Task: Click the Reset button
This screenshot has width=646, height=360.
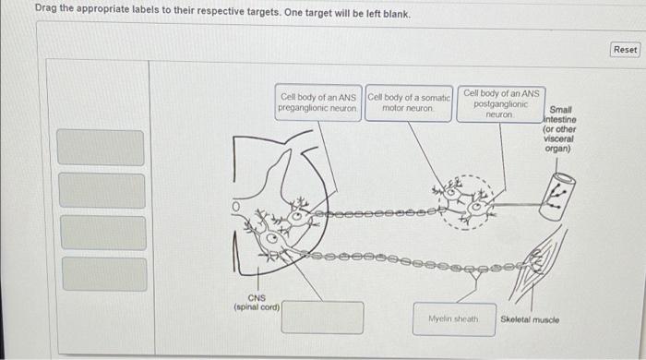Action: [625, 50]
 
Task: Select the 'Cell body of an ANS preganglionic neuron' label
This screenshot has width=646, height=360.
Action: [318, 102]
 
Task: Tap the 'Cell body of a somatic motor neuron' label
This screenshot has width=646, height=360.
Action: [409, 103]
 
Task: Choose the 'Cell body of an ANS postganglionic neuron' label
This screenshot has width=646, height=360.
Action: [501, 103]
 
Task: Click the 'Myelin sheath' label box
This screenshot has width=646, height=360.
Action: [454, 319]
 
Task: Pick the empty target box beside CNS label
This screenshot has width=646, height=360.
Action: [322, 318]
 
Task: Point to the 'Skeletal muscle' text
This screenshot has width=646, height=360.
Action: [530, 319]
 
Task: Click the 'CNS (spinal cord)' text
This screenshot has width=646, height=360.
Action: [257, 303]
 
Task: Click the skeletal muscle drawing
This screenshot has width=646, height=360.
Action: [535, 264]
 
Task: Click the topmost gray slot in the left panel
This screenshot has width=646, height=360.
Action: [101, 148]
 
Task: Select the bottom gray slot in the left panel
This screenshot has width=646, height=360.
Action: [104, 274]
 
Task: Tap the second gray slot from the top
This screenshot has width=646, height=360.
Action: [102, 190]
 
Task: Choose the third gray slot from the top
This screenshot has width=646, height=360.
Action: [103, 233]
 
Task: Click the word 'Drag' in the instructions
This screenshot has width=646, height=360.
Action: [45, 7]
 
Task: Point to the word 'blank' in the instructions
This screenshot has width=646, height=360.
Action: [396, 15]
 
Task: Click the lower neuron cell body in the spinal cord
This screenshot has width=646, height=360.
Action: [270, 238]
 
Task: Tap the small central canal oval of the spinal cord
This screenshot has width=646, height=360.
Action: [236, 207]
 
